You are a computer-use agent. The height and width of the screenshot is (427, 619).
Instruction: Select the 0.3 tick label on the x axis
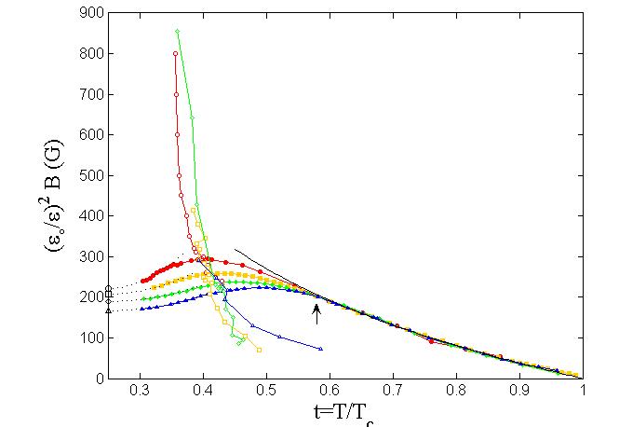pyautogui.click(x=141, y=392)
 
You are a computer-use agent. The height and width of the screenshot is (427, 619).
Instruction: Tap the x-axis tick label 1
pyautogui.click(x=583, y=392)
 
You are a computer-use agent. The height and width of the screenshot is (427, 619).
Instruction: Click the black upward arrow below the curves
pyautogui.click(x=316, y=314)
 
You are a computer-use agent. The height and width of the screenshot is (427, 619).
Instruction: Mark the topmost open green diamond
pyautogui.click(x=177, y=31)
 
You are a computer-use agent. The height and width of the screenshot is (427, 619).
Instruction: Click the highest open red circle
pyautogui.click(x=175, y=53)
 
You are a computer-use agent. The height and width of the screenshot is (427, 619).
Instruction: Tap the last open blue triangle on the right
pyautogui.click(x=320, y=349)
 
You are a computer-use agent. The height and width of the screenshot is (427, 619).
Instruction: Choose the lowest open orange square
pyautogui.click(x=259, y=350)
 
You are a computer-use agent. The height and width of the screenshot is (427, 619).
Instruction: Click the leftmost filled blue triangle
pyautogui.click(x=141, y=309)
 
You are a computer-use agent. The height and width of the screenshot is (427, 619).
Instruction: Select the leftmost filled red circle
pyautogui.click(x=142, y=281)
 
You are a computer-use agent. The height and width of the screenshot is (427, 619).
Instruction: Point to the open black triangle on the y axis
pyautogui.click(x=109, y=310)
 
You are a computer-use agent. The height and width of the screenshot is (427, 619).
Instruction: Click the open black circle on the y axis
pyautogui.click(x=109, y=288)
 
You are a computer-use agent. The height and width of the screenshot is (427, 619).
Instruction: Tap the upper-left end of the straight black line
pyautogui.click(x=235, y=249)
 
